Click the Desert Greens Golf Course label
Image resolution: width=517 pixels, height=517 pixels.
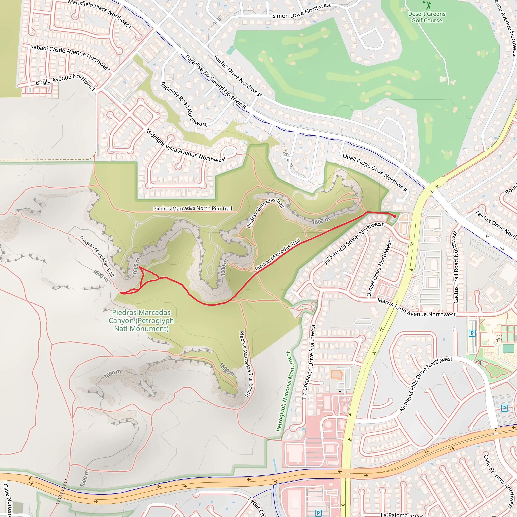tap(427, 17)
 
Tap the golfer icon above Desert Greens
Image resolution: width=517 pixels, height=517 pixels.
tap(427, 5)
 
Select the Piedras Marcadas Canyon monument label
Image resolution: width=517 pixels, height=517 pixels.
tap(141, 320)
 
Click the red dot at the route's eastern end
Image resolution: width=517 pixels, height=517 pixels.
tap(395, 216)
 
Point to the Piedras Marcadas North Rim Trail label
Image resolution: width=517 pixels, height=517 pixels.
tap(192, 208)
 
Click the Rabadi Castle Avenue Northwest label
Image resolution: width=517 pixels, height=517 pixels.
tap(70, 58)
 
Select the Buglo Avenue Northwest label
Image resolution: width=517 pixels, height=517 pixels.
tap(66, 82)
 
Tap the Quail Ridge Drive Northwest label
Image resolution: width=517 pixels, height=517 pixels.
tap(375, 173)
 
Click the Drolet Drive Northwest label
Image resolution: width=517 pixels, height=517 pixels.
tap(379, 268)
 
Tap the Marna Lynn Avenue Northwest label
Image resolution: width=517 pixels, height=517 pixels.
tap(416, 308)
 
